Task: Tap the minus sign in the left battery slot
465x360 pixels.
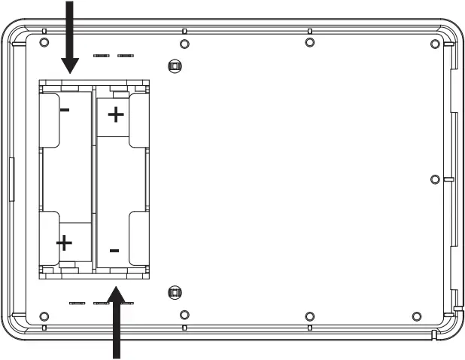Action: pyautogui.click(x=65, y=110)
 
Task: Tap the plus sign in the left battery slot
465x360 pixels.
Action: pyautogui.click(x=65, y=243)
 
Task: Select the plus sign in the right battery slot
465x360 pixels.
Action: pyautogui.click(x=116, y=114)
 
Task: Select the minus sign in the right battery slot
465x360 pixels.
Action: pyautogui.click(x=114, y=249)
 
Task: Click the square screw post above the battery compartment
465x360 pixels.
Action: pyautogui.click(x=175, y=66)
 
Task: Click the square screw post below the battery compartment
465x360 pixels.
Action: pyautogui.click(x=175, y=292)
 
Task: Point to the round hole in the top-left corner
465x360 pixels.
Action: pyautogui.click(x=44, y=41)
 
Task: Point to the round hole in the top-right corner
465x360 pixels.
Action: pyautogui.click(x=435, y=42)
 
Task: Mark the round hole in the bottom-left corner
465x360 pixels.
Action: pyautogui.click(x=44, y=315)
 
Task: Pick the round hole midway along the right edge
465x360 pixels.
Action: pyautogui.click(x=434, y=178)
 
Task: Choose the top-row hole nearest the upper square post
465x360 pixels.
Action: pyautogui.click(x=185, y=41)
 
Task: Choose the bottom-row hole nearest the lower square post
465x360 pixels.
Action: pyautogui.click(x=185, y=314)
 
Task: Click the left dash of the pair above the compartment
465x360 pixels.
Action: pyautogui.click(x=101, y=55)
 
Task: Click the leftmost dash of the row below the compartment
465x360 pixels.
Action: pyautogui.click(x=77, y=303)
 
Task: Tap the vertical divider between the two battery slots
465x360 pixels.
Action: pyautogui.click(x=93, y=177)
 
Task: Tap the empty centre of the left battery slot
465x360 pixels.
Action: pyautogui.click(x=66, y=177)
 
